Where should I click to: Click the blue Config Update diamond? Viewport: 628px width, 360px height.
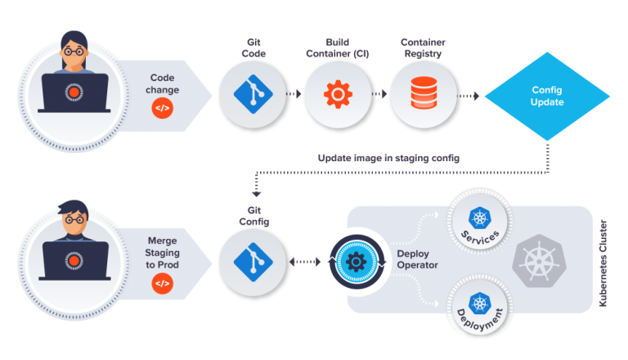[x=547, y=96]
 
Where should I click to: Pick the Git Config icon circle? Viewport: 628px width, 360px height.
[x=253, y=263]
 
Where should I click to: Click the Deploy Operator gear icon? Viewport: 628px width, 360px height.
[x=355, y=263]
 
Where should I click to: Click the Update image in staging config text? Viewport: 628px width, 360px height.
[x=388, y=158]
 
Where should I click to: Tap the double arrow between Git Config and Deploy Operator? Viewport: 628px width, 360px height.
[x=307, y=263]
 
